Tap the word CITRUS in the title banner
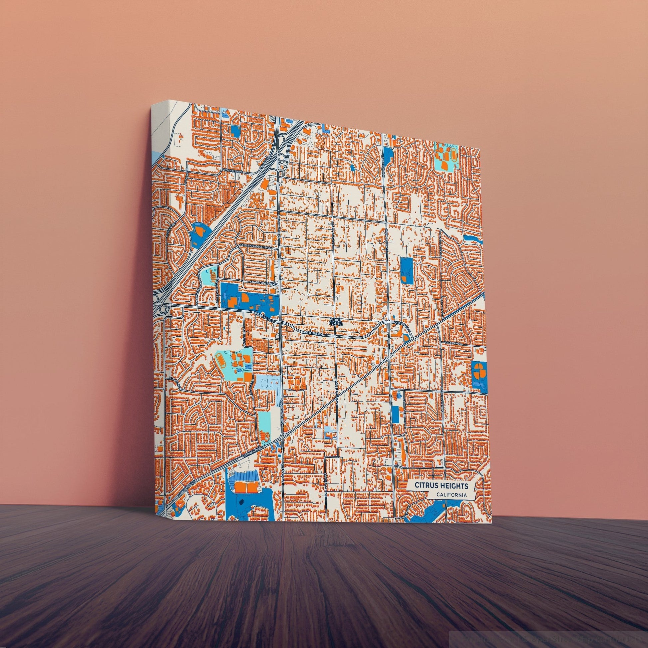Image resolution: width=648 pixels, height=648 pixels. click(x=427, y=485)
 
